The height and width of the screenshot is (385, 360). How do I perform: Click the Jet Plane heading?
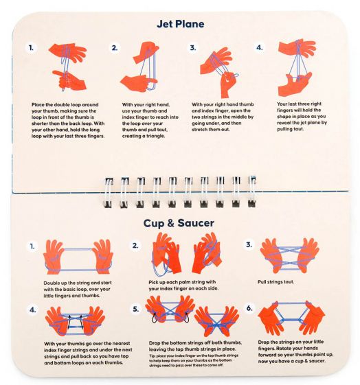pos(181,24)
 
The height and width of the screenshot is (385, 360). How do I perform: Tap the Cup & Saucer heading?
pos(179,223)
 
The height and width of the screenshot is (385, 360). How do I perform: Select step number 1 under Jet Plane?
pos(31,48)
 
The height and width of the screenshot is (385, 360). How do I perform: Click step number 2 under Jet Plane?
pos(115,48)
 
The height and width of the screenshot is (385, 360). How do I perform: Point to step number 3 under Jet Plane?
pos(193,47)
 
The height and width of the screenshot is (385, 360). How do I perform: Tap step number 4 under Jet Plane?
pos(260,47)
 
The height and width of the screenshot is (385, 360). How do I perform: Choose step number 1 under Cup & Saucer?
pos(32,246)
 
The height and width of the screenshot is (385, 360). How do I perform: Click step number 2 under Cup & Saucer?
pos(135,246)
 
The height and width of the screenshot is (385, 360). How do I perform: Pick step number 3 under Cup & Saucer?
pos(249,244)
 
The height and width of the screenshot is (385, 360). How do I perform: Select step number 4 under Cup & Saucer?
pos(33,310)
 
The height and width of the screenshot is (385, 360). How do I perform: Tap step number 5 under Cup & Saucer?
pos(136,309)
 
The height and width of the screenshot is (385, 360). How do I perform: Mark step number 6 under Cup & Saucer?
pos(249,308)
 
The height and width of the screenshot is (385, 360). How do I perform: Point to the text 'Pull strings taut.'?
pos(275,282)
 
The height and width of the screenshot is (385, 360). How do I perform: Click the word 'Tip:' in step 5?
pos(152,355)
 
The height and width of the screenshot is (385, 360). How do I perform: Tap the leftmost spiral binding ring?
pos(108,193)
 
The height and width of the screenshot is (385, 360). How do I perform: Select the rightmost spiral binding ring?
pos(251,191)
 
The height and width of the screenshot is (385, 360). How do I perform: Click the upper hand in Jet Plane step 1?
pos(67,52)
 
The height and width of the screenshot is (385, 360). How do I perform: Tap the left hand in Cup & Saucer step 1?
pos(54,257)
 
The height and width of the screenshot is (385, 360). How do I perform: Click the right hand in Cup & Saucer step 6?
pos(311,318)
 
